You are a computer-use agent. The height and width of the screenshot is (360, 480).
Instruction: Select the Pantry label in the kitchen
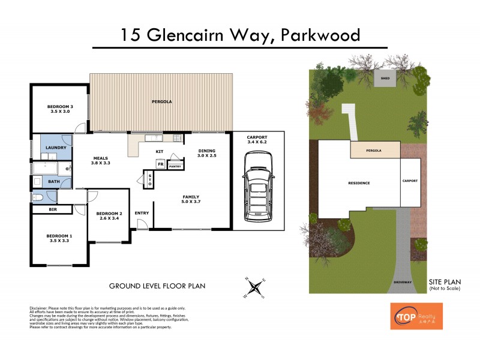pyautogui.click(x=175, y=166)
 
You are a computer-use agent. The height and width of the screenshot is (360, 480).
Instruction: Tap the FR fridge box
pyautogui.click(x=160, y=164)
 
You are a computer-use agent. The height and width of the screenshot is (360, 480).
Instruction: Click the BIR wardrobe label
pyautogui.click(x=52, y=210)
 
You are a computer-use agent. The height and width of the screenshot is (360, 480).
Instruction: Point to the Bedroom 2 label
pyautogui.click(x=109, y=216)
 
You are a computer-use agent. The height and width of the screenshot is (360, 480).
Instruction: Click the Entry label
pyautogui.click(x=142, y=212)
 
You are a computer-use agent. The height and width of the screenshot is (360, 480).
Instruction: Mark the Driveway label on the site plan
pyautogui.click(x=403, y=281)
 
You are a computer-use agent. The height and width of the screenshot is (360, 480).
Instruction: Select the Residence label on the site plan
pyautogui.click(x=359, y=183)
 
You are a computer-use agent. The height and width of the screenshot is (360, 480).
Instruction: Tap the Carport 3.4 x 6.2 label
pyautogui.click(x=257, y=140)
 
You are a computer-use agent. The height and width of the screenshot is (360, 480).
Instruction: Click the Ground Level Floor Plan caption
pyautogui.click(x=157, y=286)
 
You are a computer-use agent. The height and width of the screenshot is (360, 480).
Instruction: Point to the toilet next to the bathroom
pyautogui.click(x=38, y=197)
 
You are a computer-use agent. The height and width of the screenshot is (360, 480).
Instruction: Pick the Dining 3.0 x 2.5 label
pyautogui.click(x=206, y=154)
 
